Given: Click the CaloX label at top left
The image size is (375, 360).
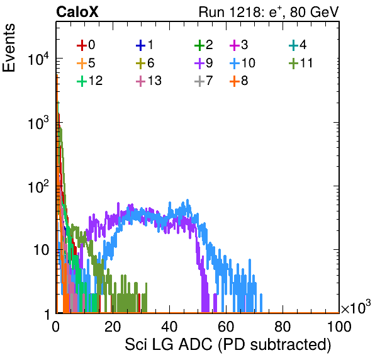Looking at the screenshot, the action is [x=77, y=12].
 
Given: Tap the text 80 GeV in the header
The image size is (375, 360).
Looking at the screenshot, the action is [x=314, y=12].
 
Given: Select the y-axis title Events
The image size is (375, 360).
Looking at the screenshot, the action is [x=9, y=48].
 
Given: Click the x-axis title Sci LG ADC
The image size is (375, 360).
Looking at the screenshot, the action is [x=169, y=344].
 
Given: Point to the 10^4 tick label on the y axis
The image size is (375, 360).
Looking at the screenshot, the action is [x=38, y=59].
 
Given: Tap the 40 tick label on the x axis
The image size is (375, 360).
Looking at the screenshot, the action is [x=169, y=327].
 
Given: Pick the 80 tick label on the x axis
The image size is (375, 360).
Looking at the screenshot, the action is [x=283, y=327].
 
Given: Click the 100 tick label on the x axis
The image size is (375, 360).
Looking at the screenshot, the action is [x=339, y=327].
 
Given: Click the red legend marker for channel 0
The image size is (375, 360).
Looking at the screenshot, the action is [x=82, y=45].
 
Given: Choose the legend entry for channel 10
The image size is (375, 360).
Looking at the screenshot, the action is [x=242, y=63].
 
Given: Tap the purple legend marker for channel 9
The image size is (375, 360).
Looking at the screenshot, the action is [x=199, y=64].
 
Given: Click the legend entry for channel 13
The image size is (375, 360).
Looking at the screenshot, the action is [x=148, y=81].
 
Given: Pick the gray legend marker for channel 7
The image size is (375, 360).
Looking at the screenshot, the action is [x=199, y=81].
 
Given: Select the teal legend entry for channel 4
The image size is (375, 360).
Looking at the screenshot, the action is [x=298, y=45].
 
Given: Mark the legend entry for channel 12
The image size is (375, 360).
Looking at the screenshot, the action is [x=90, y=81].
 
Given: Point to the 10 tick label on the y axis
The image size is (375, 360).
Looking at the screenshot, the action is [x=42, y=250].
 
